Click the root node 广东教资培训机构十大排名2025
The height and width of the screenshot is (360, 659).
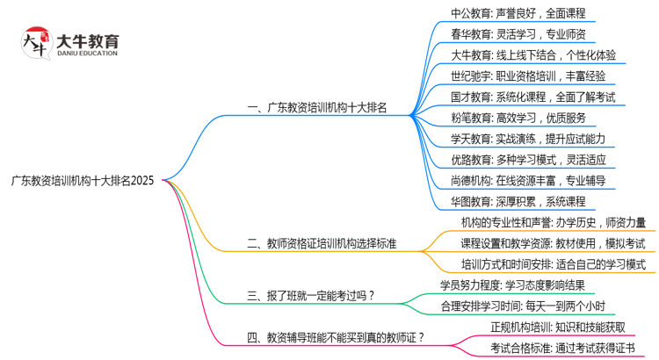83,181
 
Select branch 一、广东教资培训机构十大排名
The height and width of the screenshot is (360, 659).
317,108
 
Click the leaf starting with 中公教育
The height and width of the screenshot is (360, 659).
518,13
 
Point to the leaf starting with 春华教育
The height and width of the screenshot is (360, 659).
518,34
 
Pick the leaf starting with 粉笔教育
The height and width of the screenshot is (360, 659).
518,118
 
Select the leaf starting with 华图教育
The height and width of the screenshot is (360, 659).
518,202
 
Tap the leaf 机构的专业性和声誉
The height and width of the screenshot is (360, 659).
554,222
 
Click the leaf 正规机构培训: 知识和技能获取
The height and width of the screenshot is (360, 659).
558,327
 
